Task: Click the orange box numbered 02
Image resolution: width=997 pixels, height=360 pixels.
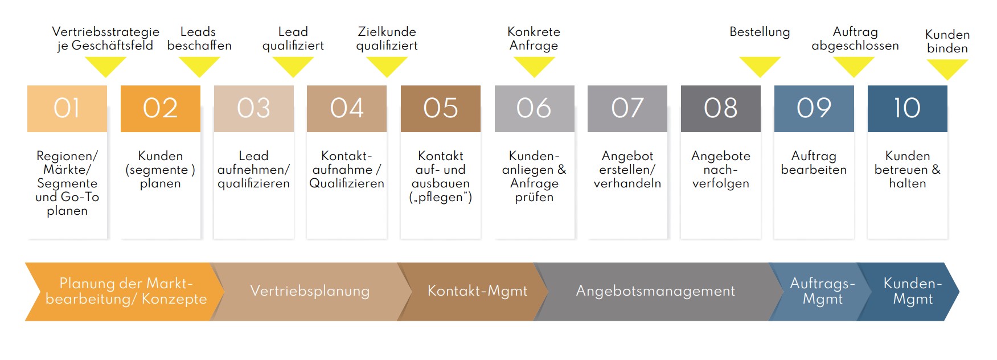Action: (x=161, y=109)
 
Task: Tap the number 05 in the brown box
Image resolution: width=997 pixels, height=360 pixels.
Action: (x=441, y=108)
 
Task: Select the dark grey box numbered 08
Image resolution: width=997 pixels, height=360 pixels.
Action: (x=721, y=109)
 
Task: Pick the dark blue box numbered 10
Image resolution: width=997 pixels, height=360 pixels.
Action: (x=908, y=109)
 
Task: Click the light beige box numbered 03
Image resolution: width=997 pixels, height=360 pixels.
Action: (x=254, y=109)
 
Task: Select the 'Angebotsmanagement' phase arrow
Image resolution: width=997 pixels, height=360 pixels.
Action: (x=656, y=292)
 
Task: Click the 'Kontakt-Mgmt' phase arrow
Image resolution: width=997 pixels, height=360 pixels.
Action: (x=477, y=292)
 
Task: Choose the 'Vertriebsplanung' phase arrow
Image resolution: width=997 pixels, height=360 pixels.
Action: (x=310, y=292)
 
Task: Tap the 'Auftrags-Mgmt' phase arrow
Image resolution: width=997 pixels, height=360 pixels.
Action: (x=822, y=292)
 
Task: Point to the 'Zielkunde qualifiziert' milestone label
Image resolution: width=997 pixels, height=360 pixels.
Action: (x=387, y=39)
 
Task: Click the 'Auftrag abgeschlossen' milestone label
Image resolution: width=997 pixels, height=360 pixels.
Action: (x=855, y=39)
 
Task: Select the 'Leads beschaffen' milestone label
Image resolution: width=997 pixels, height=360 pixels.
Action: (x=199, y=39)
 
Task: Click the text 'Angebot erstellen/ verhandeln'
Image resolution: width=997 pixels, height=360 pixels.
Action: (x=627, y=170)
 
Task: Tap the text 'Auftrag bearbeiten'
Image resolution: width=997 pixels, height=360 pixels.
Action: (x=814, y=163)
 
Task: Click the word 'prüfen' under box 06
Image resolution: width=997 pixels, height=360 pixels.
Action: (x=534, y=198)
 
